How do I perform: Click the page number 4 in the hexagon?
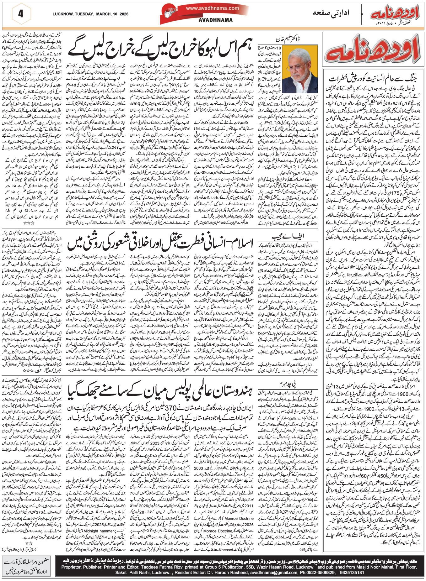coord(21,14)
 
